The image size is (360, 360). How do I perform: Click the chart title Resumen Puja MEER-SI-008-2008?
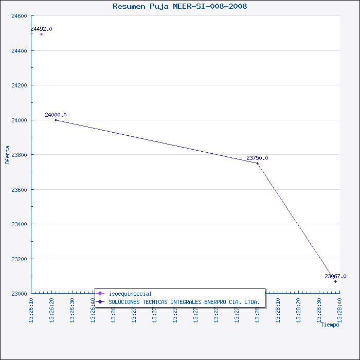[179, 6]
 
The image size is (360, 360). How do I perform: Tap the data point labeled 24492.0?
[41, 34]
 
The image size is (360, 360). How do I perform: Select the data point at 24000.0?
[56, 120]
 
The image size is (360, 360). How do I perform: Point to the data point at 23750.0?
[258, 163]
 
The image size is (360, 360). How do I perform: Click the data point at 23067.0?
[335, 281]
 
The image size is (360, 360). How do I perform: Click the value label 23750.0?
[257, 158]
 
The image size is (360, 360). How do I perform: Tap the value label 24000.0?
[56, 115]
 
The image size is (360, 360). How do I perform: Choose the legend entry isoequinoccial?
[130, 294]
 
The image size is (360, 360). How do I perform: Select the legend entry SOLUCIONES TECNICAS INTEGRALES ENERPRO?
[184, 301]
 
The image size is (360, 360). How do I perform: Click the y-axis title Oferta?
[7, 154]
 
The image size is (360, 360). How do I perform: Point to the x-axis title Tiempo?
[330, 325]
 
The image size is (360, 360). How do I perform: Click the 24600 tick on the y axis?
[19, 16]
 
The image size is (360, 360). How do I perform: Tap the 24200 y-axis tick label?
[19, 85]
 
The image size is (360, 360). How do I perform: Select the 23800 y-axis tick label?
[19, 155]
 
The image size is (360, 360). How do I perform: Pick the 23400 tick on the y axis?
[19, 224]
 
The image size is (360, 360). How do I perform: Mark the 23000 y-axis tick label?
[19, 294]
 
